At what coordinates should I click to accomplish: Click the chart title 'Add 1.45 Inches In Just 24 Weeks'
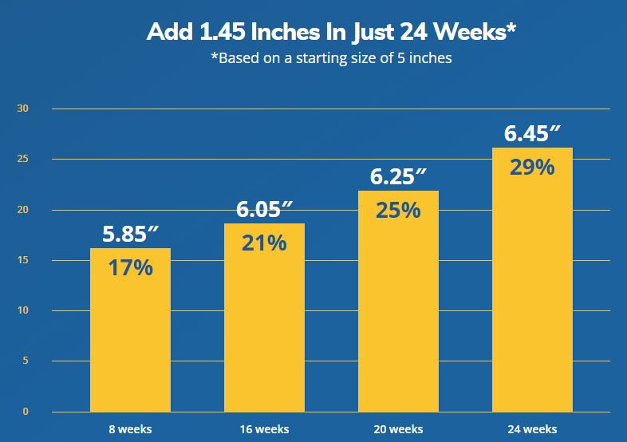(331, 33)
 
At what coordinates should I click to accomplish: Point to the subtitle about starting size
(331, 58)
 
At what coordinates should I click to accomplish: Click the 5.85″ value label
(131, 235)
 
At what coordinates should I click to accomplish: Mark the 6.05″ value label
(265, 210)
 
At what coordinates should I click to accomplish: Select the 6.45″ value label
(533, 134)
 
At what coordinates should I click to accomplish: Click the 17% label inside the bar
(130, 267)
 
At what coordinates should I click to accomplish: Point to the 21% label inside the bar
(264, 243)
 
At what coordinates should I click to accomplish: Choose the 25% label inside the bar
(398, 210)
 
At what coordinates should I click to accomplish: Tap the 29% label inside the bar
(532, 168)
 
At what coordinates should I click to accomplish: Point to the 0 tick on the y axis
(25, 412)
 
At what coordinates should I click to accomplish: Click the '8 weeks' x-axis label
(130, 429)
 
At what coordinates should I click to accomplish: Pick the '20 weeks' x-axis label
(398, 429)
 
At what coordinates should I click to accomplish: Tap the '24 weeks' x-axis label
(532, 429)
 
